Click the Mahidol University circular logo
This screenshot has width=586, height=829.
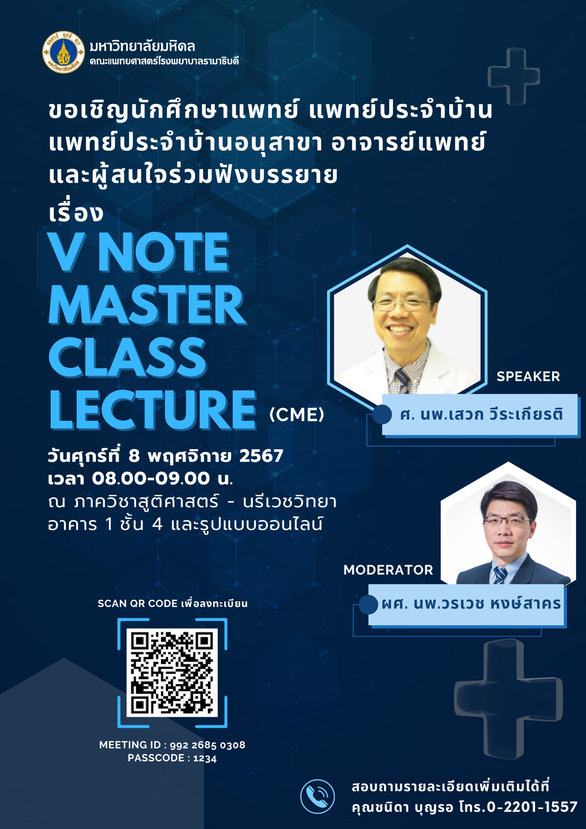point(64,52)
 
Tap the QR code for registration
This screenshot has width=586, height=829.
point(172,672)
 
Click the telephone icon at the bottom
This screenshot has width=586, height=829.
point(318,796)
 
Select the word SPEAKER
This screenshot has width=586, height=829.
point(528,376)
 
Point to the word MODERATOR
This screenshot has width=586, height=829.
point(388,570)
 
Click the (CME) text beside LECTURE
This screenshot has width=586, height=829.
point(297,414)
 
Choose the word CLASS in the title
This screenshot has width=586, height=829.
point(127,357)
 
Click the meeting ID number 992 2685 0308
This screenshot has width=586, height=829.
point(207,745)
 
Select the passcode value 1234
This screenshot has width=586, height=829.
point(205,759)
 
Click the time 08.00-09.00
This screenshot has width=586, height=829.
point(151,478)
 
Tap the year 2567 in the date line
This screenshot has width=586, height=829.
point(261,456)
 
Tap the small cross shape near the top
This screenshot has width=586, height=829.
point(514,76)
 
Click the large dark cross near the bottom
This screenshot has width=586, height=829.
point(508,699)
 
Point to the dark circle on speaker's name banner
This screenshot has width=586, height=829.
point(382,414)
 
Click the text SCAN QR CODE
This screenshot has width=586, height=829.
point(138,604)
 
